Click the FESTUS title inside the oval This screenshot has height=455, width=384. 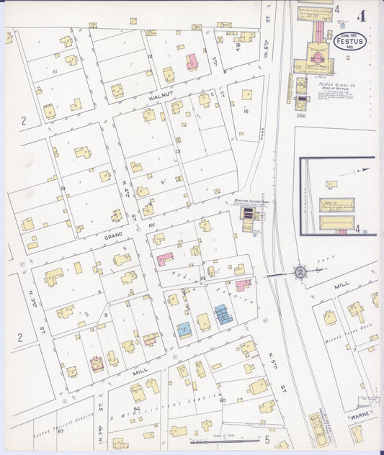tap(349, 42)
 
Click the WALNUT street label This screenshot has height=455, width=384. tap(162, 94)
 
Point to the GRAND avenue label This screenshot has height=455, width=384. tap(115, 235)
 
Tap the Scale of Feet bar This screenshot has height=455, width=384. tap(217, 440)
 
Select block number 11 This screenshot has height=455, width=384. tap(55, 72)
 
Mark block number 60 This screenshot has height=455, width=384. tap(222, 400)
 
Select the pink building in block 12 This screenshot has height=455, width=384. tap(192, 62)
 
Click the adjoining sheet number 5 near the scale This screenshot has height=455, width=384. tap(267, 438)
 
